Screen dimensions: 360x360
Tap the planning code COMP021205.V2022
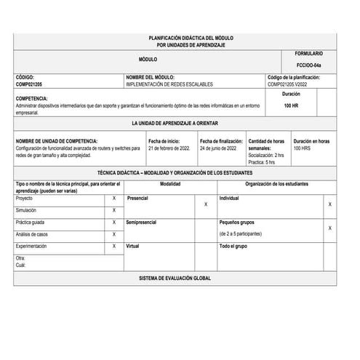coord(293,84)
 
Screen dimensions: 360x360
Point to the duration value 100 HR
coord(291,106)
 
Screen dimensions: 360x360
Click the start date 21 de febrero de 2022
coord(169,148)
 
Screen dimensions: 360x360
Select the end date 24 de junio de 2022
coord(218,148)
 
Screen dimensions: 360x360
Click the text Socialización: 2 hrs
coord(266,156)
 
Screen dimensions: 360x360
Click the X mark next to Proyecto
coord(113,198)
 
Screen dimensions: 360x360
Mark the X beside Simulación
coord(113,210)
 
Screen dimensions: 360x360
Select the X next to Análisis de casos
coord(113,234)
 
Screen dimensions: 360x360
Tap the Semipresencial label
coord(143,222)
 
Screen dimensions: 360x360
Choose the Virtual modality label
coord(133,247)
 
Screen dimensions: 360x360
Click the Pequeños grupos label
coord(240,222)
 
